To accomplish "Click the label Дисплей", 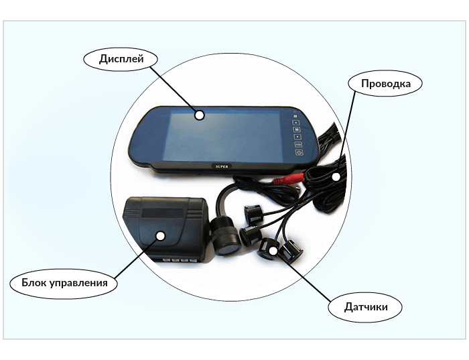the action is (122, 58).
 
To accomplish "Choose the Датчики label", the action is (366, 308).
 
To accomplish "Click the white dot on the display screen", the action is (199, 115).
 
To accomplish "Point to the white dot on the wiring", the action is (335, 176).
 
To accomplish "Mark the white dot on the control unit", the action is (161, 235).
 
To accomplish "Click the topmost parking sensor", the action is (253, 213).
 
